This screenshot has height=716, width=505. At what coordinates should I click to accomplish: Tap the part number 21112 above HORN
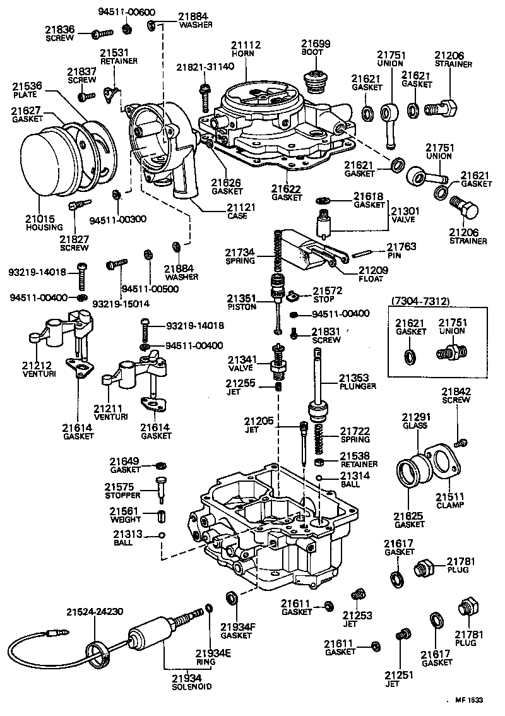(246, 44)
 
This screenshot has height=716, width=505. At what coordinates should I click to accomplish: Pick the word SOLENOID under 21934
(191, 686)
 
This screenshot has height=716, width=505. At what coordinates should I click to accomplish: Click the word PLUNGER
(357, 386)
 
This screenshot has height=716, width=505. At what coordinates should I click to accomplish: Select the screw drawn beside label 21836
(100, 32)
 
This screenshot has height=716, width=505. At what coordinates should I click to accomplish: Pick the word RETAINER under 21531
(115, 61)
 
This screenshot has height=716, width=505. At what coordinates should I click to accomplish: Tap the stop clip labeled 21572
(292, 295)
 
